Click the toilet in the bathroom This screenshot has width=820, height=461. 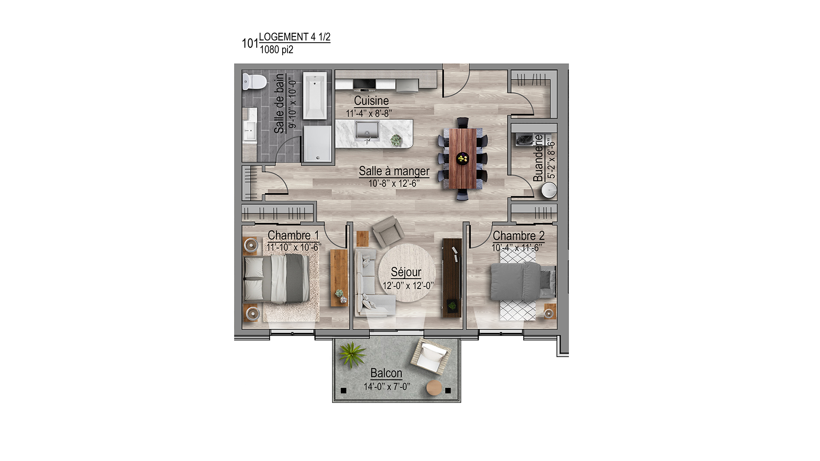coord(254,81)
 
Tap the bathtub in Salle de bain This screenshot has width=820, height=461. coord(315,96)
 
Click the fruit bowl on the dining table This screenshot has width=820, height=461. coord(462,158)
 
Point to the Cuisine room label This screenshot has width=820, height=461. coord(371,101)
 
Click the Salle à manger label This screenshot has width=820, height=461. coord(394,171)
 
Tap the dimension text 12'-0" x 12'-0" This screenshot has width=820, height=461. coord(408,285)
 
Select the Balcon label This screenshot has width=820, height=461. coord(386,373)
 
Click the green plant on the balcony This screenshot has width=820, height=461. coord(352,354)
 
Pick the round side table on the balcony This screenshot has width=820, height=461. coord(434,388)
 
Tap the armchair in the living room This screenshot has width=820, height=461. coord(388,232)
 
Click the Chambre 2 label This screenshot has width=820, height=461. coord(519,235)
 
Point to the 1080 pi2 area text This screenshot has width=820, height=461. coord(276,50)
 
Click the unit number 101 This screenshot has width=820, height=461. coord(250,43)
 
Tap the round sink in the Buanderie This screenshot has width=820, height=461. coord(549,190)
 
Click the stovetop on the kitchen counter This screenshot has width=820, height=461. coord(364,84)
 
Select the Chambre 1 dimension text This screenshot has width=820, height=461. coord(294,248)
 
